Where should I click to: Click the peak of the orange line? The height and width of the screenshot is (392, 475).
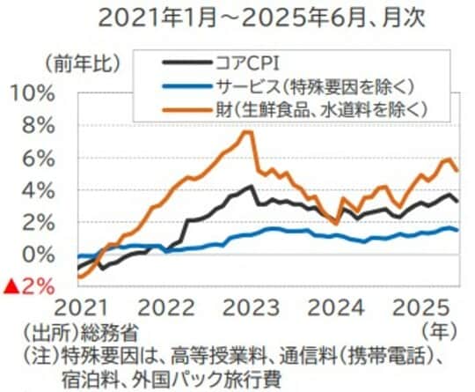click(249, 132)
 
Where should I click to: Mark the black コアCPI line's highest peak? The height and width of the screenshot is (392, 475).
click(252, 186)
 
